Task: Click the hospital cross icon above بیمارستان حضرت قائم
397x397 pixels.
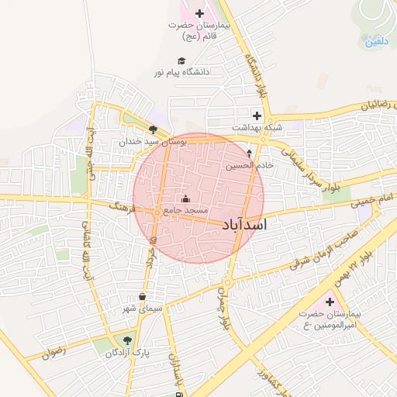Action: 200,13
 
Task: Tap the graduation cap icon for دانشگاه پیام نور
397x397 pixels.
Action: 181,60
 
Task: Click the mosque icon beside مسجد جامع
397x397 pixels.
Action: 185,198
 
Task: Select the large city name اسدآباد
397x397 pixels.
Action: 238,225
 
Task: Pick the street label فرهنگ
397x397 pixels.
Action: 123,207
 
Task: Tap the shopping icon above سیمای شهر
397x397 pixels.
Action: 142,296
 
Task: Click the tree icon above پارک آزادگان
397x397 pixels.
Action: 128,340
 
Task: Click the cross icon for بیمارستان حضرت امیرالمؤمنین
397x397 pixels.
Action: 330,302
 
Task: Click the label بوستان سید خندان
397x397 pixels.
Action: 150,143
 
